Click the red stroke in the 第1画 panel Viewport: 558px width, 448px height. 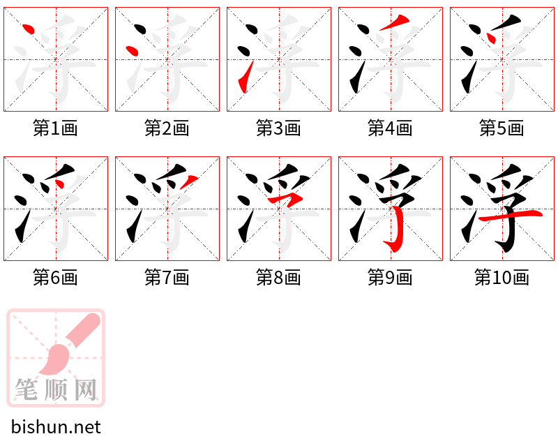29,29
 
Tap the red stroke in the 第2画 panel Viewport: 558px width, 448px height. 132,51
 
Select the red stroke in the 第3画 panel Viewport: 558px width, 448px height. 246,77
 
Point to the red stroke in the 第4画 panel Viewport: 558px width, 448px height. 394,22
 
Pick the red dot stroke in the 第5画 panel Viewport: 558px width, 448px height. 491,38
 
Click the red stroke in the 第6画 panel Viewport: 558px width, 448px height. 59,184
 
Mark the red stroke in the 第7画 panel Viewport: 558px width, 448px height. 188,181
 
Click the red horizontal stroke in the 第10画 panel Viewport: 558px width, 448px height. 511,215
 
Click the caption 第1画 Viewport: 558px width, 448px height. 55,128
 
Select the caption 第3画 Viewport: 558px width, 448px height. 278,128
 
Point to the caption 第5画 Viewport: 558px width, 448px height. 502,128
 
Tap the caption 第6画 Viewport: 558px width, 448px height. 55,278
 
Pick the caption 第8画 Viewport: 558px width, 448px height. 278,278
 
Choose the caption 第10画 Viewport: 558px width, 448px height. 502,278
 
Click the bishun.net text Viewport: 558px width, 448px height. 56,426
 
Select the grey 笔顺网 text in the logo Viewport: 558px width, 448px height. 56,389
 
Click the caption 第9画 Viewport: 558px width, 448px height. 390,278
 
